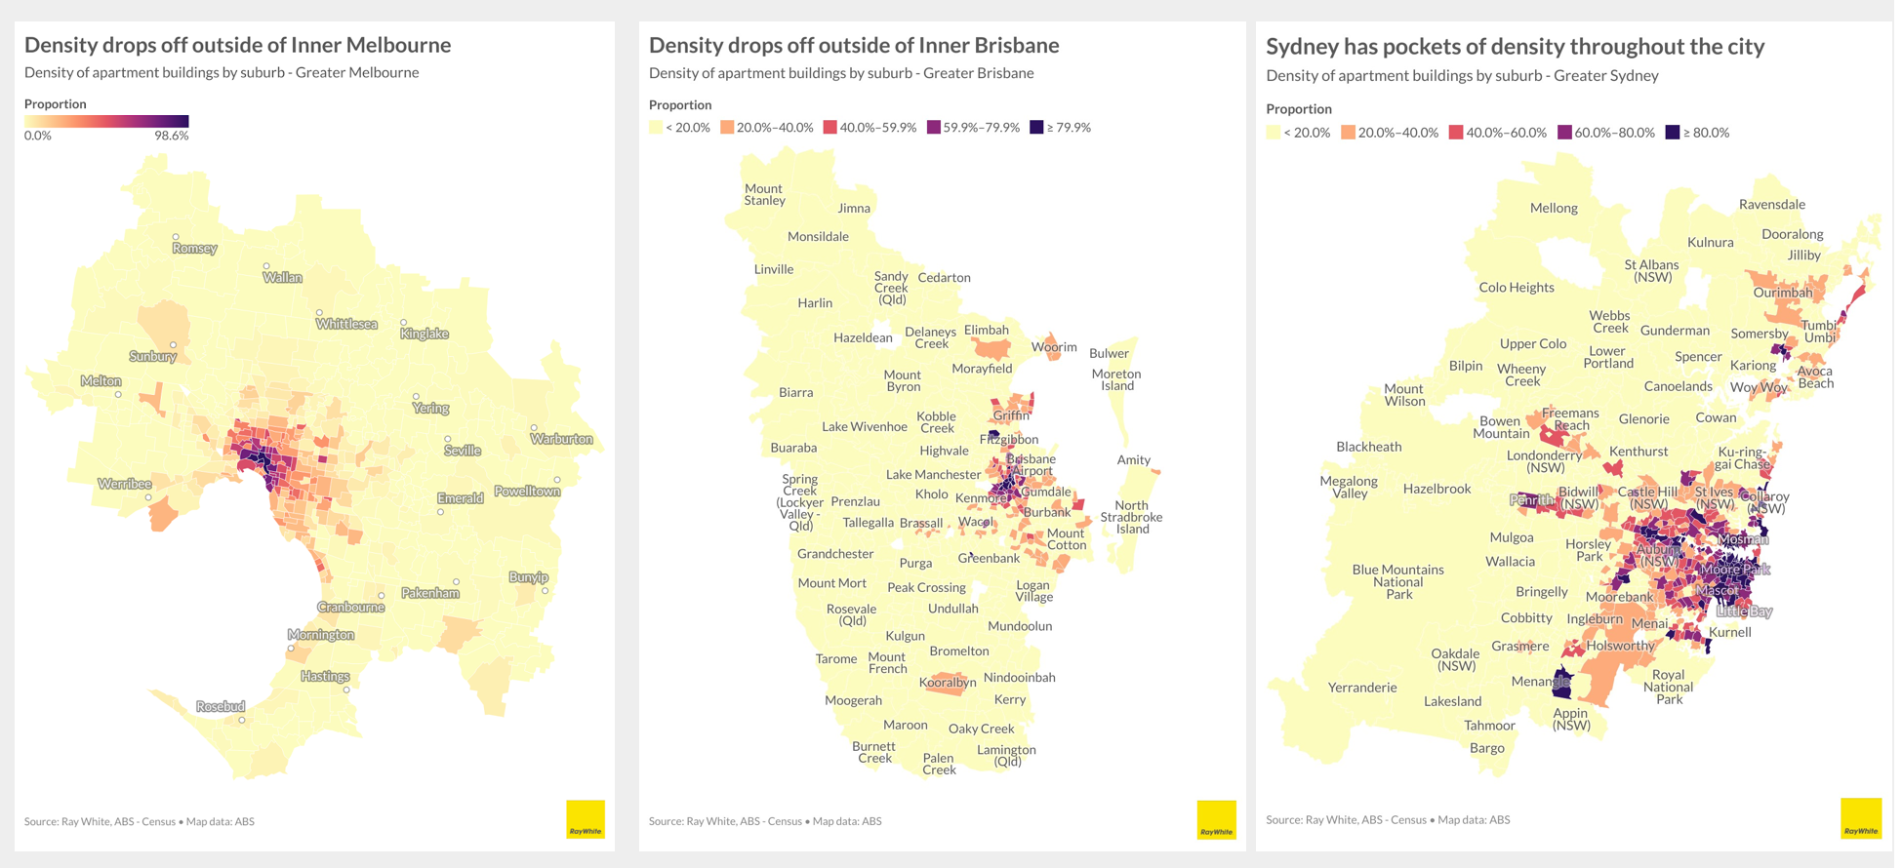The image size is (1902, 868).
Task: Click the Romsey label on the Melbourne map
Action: point(194,249)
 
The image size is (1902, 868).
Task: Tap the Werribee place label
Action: point(125,484)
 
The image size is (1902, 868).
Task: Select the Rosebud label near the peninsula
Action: point(221,706)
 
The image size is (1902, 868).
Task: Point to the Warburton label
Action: point(561,439)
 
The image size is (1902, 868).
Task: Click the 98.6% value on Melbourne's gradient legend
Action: point(171,136)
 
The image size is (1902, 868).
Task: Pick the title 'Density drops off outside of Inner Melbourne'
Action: point(237,45)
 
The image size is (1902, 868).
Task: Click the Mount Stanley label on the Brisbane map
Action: point(764,195)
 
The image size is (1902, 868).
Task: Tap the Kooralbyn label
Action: point(948,683)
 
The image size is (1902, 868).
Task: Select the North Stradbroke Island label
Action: point(1132,517)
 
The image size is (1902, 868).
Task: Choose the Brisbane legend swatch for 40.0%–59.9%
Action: point(830,128)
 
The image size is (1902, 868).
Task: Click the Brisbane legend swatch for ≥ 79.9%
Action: point(1036,128)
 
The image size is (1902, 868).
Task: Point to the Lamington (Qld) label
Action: point(1006,756)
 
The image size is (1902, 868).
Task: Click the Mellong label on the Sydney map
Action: point(1554,208)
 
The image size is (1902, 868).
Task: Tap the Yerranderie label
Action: point(1362,688)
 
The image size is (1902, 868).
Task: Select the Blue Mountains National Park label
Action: point(1397,581)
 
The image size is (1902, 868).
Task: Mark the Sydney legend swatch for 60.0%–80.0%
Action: point(1564,133)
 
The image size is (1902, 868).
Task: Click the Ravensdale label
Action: point(1772,205)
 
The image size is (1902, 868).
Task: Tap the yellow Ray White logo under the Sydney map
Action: point(1860,818)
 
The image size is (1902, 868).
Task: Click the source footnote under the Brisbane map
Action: point(764,821)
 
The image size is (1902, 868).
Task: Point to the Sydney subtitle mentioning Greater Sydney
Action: point(1462,76)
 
